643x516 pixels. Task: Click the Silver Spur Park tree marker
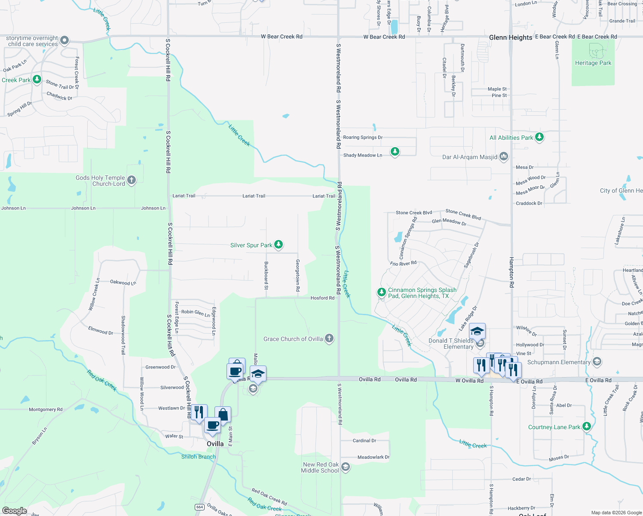279,245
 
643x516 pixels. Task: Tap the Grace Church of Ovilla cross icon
329,338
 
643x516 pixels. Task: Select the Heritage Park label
593,63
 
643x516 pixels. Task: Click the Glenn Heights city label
511,37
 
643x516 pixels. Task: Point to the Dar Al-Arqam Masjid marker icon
504,157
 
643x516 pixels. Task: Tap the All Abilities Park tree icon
539,137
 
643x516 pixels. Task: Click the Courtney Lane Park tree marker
587,427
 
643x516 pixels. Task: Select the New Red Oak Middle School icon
346,467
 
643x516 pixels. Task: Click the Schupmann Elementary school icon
597,362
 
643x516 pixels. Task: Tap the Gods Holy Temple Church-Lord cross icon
132,180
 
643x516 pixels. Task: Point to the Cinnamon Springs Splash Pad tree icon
381,292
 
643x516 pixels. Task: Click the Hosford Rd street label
322,298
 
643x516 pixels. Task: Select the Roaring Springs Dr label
362,138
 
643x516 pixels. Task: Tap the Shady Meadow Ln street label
362,155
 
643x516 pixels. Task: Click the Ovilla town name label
215,444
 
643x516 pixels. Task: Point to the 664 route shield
199,507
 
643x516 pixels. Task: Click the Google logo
14,511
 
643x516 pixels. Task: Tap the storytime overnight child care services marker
64,40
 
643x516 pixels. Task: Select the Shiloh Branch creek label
198,457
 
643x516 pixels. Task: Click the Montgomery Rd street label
46,409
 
